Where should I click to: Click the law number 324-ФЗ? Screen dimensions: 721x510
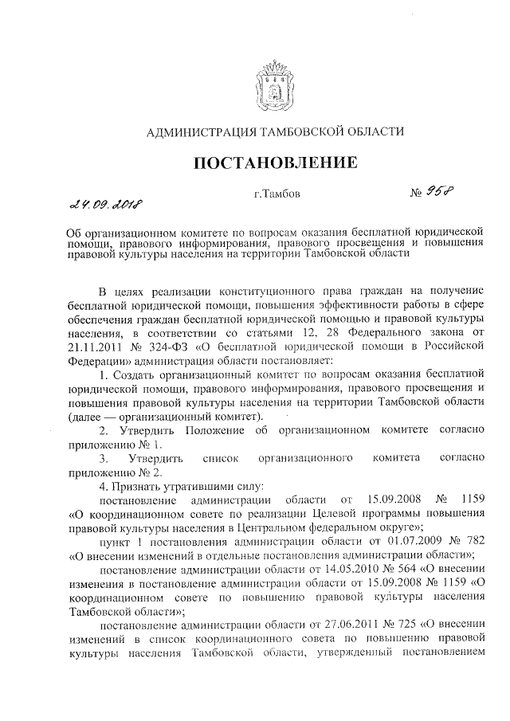(x=189, y=347)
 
